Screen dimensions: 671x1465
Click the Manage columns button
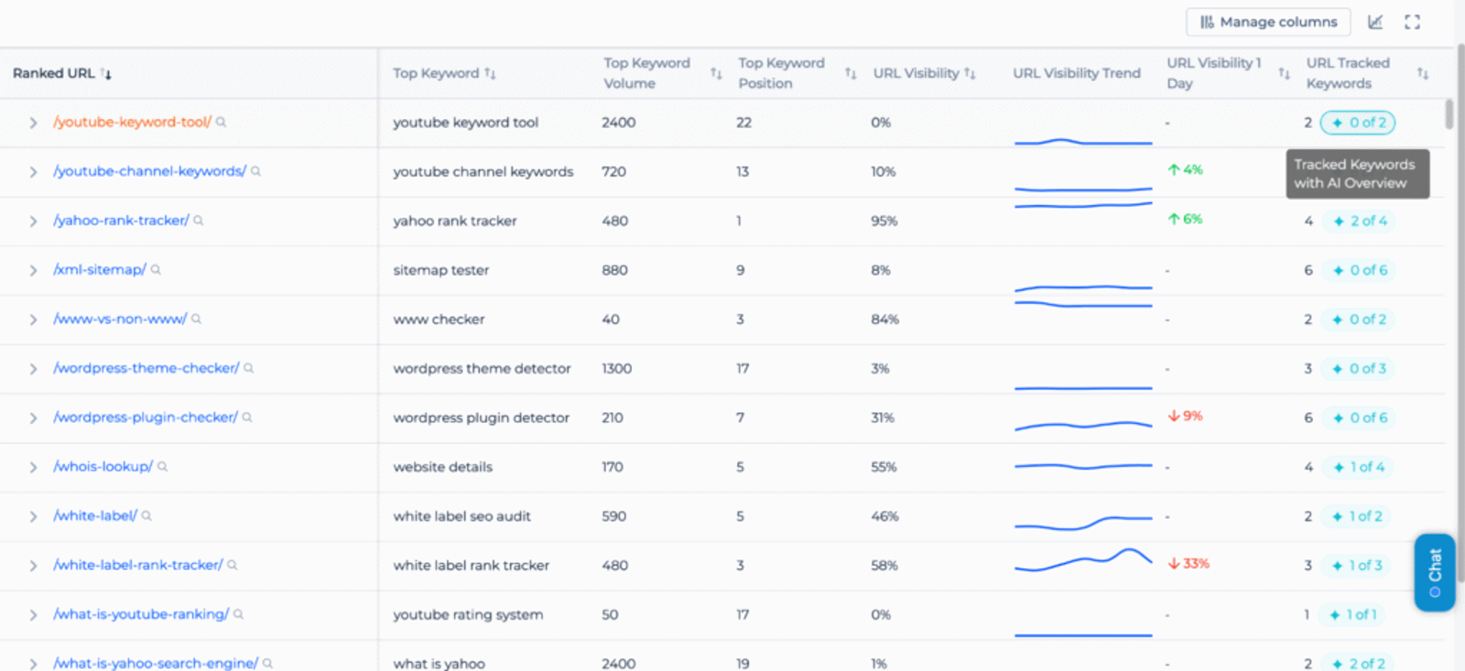(1268, 22)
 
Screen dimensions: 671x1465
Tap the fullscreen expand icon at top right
(1412, 22)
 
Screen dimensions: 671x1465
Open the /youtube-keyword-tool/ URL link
(133, 122)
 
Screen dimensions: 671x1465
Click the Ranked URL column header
(54, 73)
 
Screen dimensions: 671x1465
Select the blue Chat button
(1434, 572)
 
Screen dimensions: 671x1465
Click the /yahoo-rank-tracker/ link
(121, 221)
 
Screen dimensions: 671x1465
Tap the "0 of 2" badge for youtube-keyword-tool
(1358, 123)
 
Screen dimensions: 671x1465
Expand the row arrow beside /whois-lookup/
(33, 468)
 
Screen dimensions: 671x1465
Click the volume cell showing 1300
(616, 369)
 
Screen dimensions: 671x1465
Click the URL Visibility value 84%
(884, 319)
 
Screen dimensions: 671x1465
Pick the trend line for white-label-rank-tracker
(1083, 560)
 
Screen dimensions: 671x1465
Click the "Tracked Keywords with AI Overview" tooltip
(1356, 174)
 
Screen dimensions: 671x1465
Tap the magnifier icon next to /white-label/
(146, 516)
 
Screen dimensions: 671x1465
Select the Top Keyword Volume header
(646, 73)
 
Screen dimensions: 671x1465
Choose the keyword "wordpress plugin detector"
(481, 418)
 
